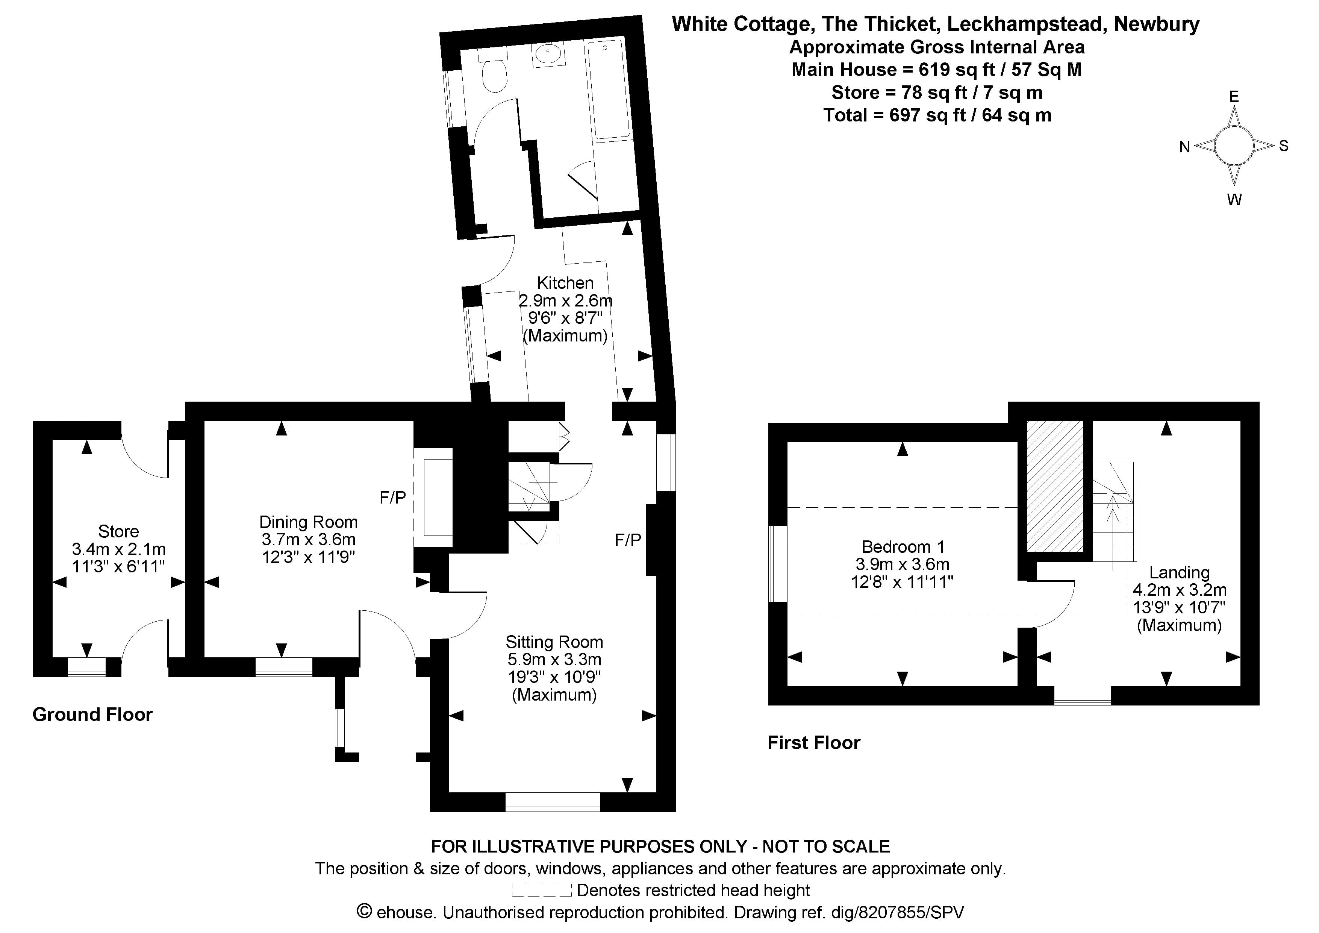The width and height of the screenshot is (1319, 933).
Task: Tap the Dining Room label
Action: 309,522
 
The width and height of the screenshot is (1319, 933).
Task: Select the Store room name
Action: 118,531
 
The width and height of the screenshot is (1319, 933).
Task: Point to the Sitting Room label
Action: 554,642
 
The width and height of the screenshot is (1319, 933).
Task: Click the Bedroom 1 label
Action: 903,547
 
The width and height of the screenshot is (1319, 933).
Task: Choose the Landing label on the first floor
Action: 1179,573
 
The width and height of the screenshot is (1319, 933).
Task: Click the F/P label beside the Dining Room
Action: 393,497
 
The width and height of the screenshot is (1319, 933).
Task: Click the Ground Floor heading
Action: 92,715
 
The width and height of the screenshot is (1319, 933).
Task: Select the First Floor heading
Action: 813,743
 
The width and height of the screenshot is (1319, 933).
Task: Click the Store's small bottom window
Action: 87,667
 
